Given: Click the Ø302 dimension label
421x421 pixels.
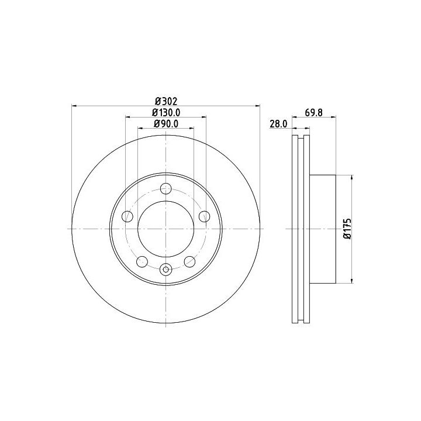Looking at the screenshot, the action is coord(166,102).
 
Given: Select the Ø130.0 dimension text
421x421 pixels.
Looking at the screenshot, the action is coord(166,112).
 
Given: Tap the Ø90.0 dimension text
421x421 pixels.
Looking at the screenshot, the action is coord(166,123).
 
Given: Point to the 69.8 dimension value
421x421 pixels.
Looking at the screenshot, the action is coord(313,112).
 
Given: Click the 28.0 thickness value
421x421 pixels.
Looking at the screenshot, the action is coord(278,124).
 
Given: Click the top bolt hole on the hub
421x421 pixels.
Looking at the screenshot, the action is coord(166,188).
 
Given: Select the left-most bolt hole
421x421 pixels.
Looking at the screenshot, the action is coord(127,216).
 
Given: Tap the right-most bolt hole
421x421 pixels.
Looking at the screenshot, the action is coord(204,216).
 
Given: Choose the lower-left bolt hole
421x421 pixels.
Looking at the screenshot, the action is coord(142,261).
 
